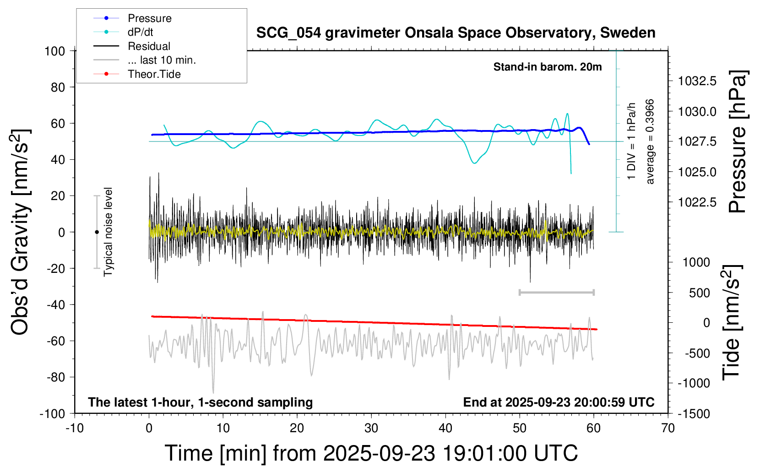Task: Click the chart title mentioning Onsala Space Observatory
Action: tap(456, 33)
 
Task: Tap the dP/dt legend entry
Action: tap(140, 32)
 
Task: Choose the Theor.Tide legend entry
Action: tap(154, 74)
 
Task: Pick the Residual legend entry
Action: tap(149, 46)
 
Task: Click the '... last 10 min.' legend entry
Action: tap(162, 60)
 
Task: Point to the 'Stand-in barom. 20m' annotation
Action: tap(547, 67)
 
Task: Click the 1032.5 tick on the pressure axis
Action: tap(697, 81)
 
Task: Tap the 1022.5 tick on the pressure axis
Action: tap(697, 202)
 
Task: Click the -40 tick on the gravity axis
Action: tap(56, 304)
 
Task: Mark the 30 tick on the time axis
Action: tap(371, 428)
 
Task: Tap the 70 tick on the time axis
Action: tap(668, 428)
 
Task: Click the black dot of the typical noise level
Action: tap(97, 232)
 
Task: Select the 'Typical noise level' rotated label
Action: tap(108, 232)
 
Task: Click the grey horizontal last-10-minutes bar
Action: tap(556, 292)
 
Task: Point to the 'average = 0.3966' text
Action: tap(650, 142)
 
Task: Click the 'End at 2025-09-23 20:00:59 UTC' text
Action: tap(559, 402)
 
